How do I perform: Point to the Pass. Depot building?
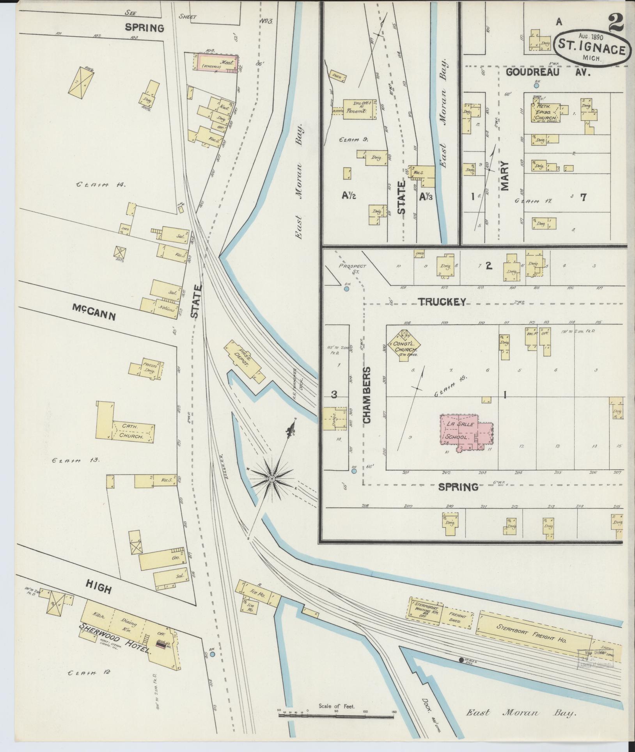coord(244,359)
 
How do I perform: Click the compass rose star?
coord(272,478)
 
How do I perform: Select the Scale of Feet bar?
coord(336,716)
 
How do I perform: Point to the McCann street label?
coord(94,312)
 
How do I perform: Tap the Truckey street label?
coord(442,302)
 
